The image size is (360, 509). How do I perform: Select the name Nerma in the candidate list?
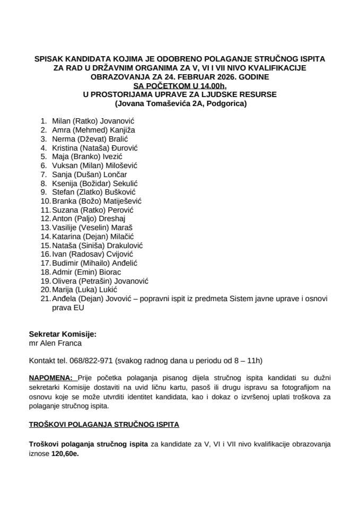(x=62, y=138)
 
